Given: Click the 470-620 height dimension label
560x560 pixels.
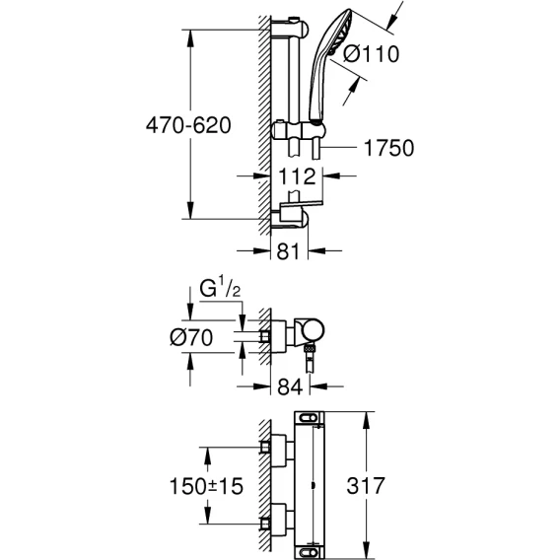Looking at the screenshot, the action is pos(188,125).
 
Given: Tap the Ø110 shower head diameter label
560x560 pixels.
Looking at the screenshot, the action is pos(371,54).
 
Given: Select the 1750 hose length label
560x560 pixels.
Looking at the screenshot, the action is pos(388,148).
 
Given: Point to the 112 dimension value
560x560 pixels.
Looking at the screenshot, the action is pos(297,176).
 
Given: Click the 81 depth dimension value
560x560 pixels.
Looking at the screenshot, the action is pos(288,251).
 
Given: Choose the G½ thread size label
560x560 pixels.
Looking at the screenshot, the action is pos(220,288).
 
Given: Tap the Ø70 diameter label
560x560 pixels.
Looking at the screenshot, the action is pos(191,337).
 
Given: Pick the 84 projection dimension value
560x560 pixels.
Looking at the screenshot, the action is pos(290,386).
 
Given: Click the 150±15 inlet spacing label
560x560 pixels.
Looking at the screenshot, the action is pos(206,486).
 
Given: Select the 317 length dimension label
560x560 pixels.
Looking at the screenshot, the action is pos(366,486).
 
